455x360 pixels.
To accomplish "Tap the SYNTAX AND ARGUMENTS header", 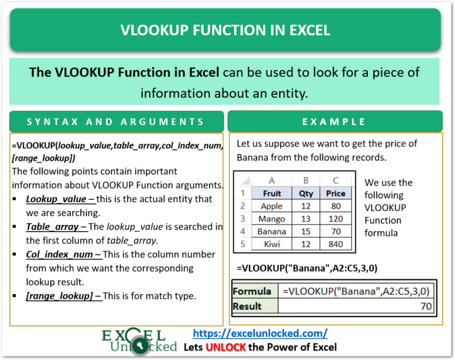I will (x=116, y=122).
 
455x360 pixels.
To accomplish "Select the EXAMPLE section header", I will (x=334, y=122).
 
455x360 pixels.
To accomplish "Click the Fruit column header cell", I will (x=272, y=193).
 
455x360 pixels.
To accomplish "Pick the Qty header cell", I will (x=306, y=193).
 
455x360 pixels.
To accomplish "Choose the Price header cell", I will (x=335, y=193).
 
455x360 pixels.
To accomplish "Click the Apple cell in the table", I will (x=272, y=206).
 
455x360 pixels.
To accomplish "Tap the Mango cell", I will (x=272, y=219).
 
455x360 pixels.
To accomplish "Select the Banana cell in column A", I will (x=272, y=231).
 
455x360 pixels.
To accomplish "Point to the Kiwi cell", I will (x=272, y=244).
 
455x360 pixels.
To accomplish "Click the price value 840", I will (x=335, y=244).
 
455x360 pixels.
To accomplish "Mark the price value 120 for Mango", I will (x=335, y=219).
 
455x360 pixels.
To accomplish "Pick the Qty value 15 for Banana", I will (x=306, y=231).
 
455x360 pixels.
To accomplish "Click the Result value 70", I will (x=425, y=306).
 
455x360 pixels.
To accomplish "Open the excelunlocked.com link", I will (x=260, y=333).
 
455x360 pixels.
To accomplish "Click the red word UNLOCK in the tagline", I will (x=226, y=347).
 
